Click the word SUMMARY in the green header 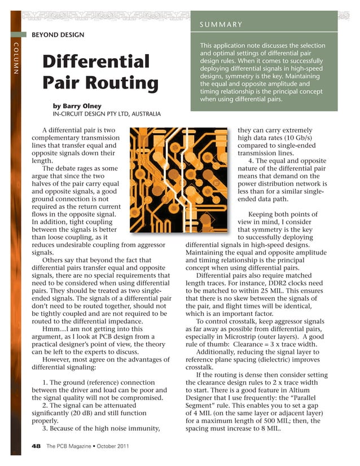point(221,25)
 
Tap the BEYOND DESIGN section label point(58,35)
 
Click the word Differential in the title point(96,61)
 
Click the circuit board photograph point(181,180)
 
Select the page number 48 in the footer point(36,446)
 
